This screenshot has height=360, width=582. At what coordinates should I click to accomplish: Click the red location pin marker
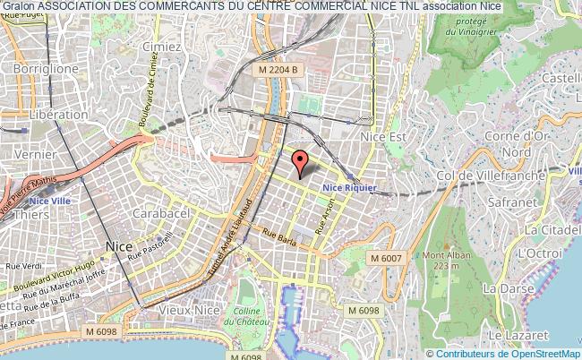pyautogui.click(x=302, y=162)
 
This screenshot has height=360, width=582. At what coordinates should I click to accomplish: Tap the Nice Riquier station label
pyautogui.click(x=349, y=186)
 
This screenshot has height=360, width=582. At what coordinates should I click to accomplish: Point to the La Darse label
pyautogui.click(x=501, y=289)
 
